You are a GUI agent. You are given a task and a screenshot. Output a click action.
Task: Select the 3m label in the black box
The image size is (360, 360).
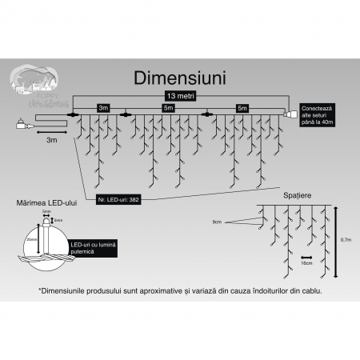(x=102, y=106)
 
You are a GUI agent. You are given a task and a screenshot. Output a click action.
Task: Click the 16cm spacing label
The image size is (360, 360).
(x=306, y=261)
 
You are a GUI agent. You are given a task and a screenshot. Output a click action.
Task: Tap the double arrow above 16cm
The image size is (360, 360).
(x=306, y=253)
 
